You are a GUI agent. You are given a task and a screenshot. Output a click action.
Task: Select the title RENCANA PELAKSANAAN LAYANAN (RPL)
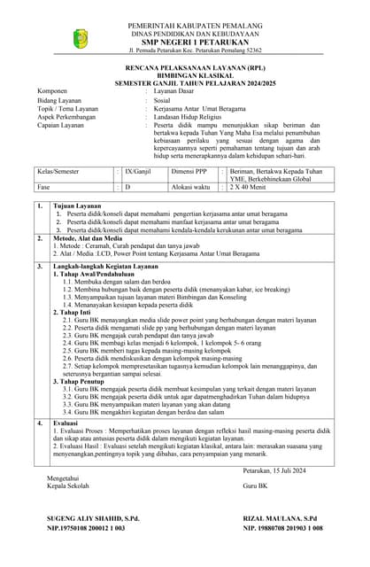click(x=185, y=67)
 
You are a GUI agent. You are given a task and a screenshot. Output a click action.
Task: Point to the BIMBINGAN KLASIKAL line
click(x=185, y=74)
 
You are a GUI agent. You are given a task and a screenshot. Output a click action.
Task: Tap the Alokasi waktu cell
click(x=191, y=187)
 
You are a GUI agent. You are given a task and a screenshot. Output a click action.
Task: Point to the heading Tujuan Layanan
click(x=78, y=206)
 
